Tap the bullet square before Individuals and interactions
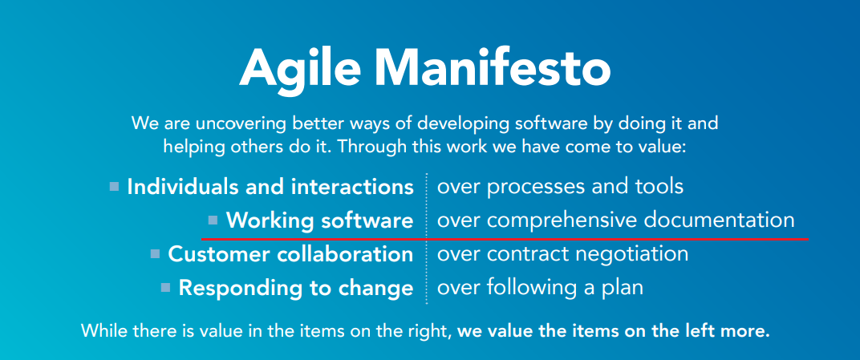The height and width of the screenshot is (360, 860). point(115,187)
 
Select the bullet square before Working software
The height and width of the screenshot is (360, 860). point(213,219)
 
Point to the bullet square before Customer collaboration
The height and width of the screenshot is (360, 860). point(155,254)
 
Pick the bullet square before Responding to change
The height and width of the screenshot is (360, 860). point(165,286)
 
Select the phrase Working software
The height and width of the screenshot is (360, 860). point(319,220)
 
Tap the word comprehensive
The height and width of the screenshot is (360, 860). point(560,220)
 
